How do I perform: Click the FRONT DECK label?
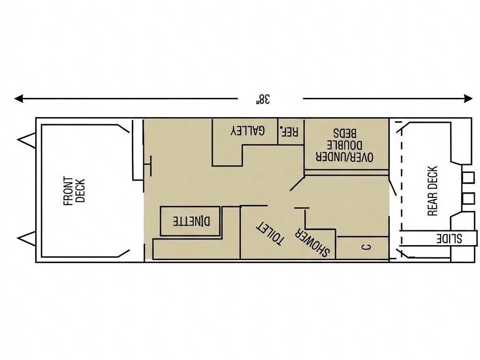pyautogui.click(x=74, y=191)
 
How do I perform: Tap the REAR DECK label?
pyautogui.click(x=433, y=191)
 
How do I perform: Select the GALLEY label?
pyautogui.click(x=247, y=131)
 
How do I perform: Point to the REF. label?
pyautogui.click(x=289, y=131)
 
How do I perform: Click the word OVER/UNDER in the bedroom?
pyautogui.click(x=347, y=157)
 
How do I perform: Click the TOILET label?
pyautogui.click(x=270, y=233)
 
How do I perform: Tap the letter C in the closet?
pyautogui.click(x=367, y=247)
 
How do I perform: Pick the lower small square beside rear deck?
pyautogui.click(x=468, y=198)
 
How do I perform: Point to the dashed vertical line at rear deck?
pyautogui.click(x=400, y=187)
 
